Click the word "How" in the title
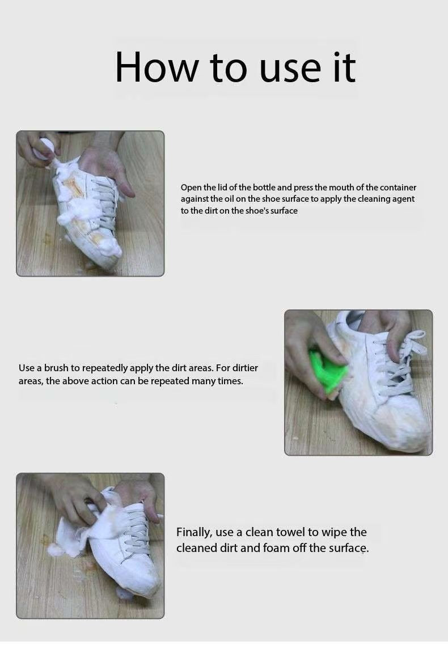157,67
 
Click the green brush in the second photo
328,371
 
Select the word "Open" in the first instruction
191,188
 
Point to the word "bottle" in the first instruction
264,188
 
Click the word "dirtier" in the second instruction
245,368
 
